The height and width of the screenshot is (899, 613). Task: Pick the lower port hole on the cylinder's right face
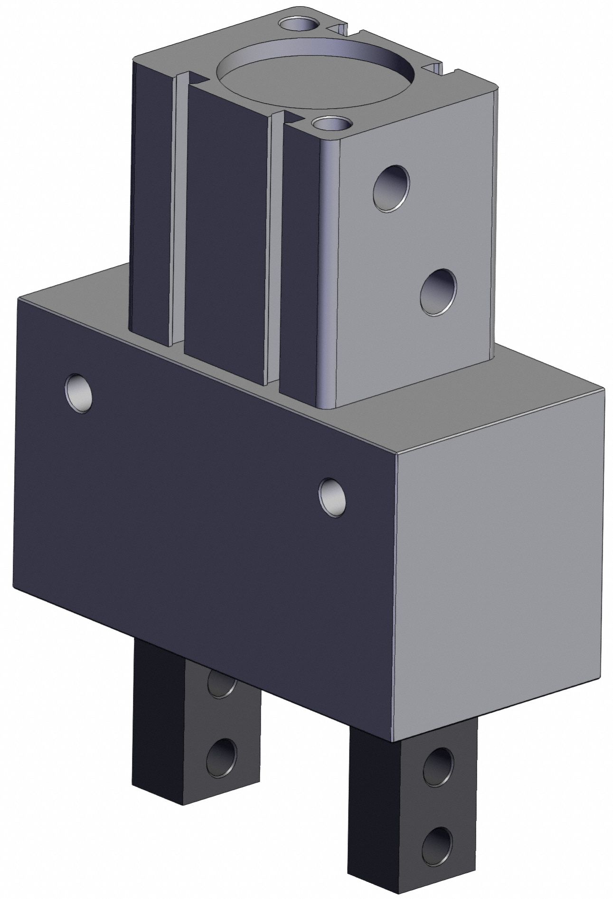click(438, 292)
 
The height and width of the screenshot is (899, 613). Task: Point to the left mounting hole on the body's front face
click(79, 383)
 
